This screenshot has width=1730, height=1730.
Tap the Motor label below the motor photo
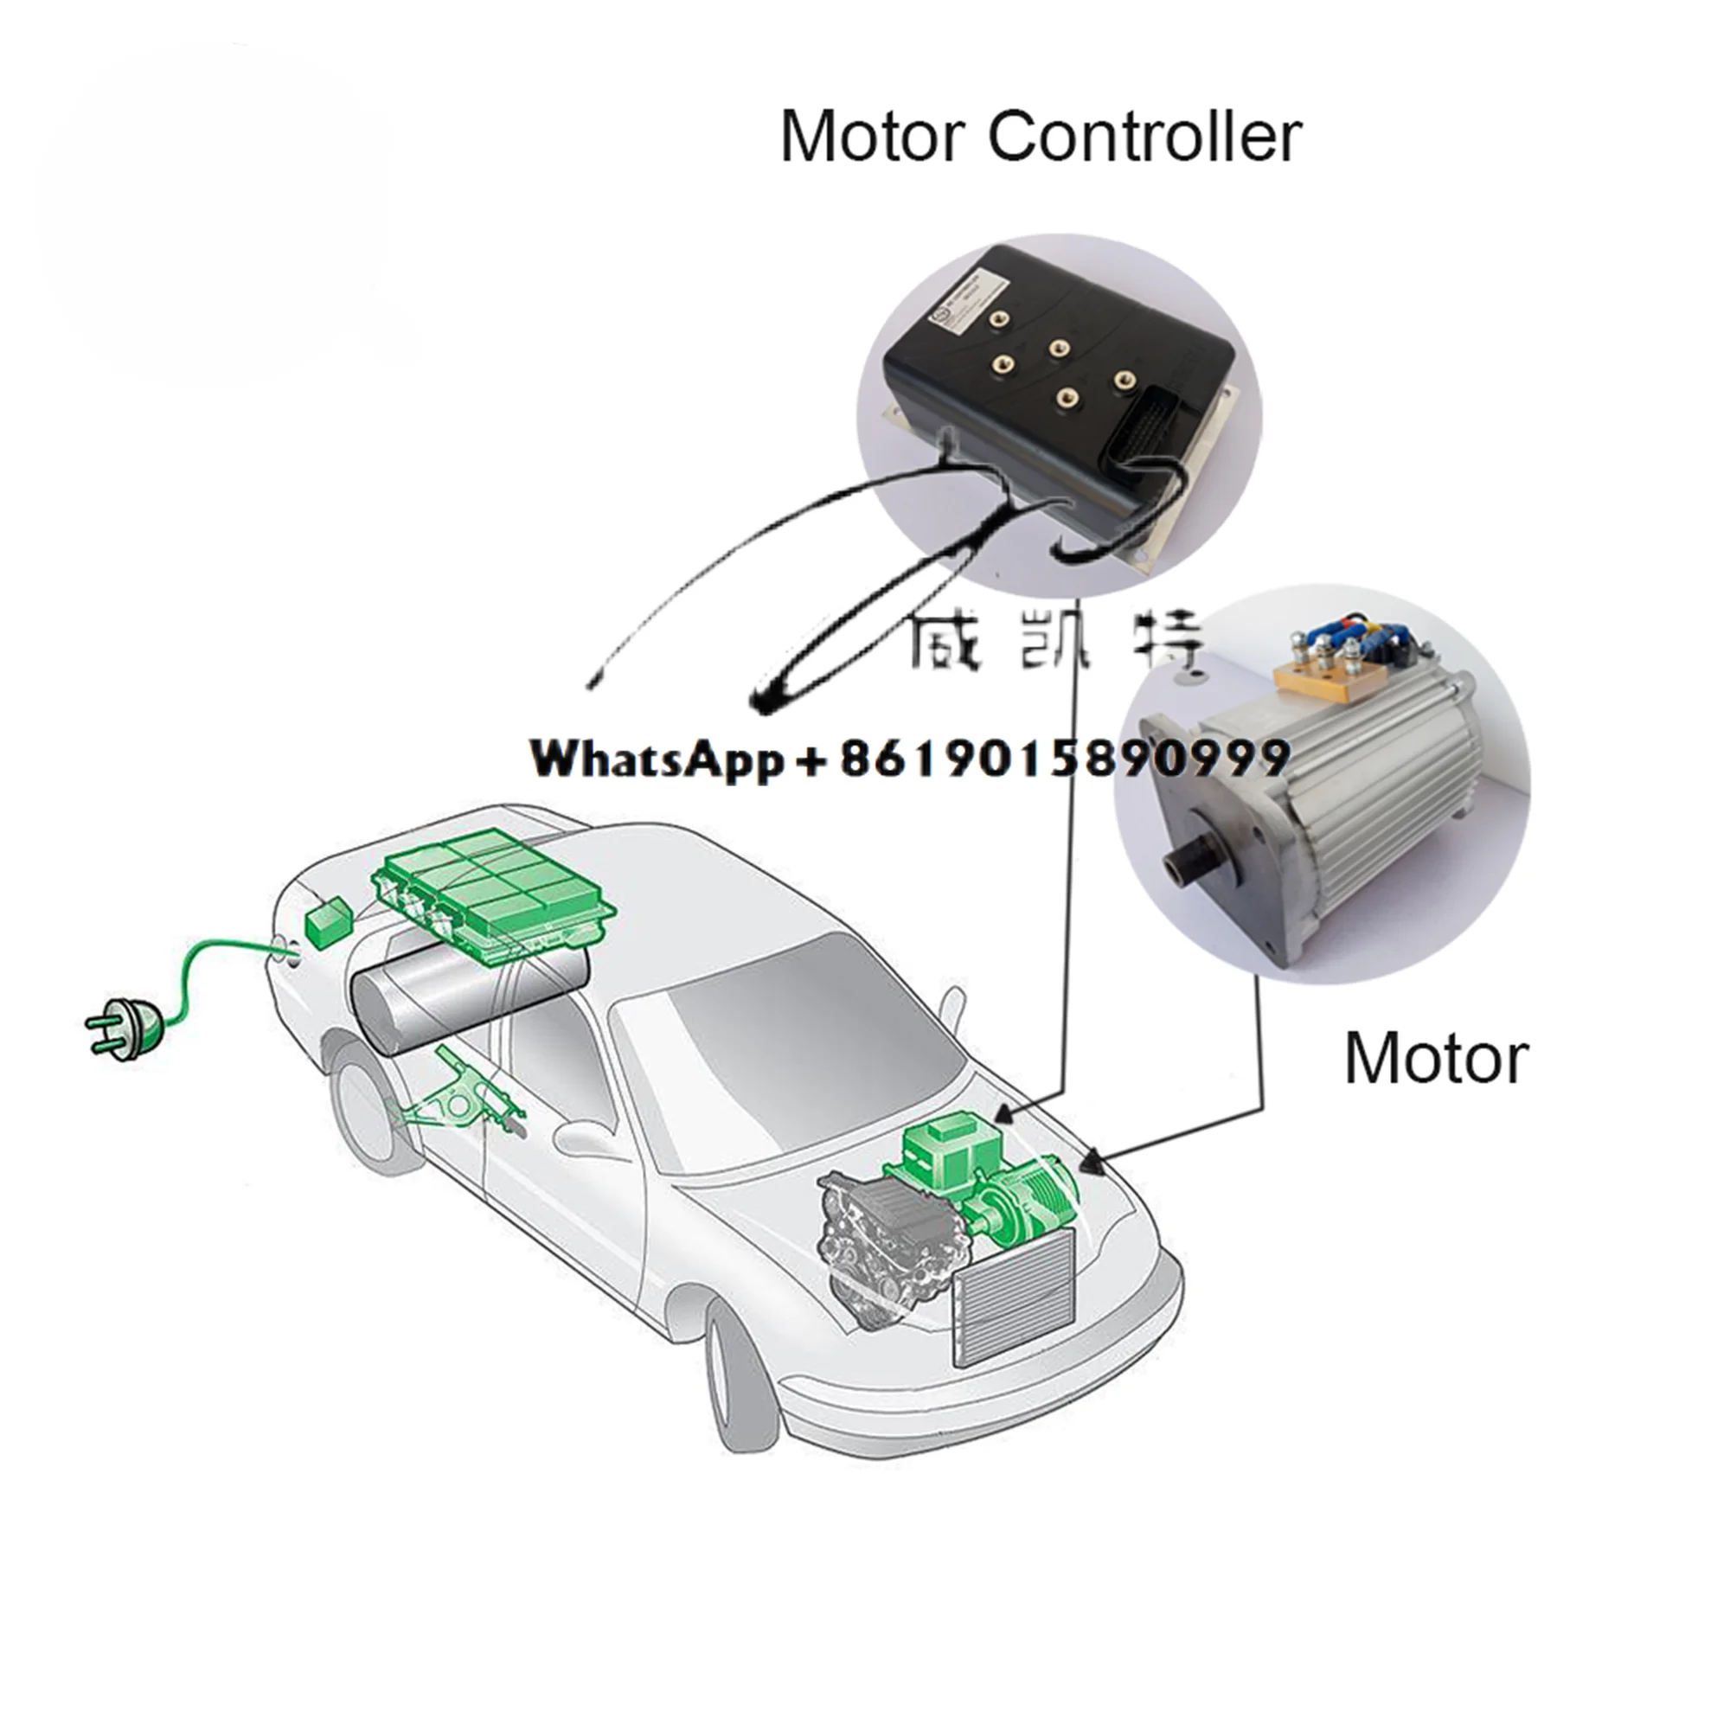[x=1436, y=1059]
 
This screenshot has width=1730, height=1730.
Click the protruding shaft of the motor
[x=1192, y=862]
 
